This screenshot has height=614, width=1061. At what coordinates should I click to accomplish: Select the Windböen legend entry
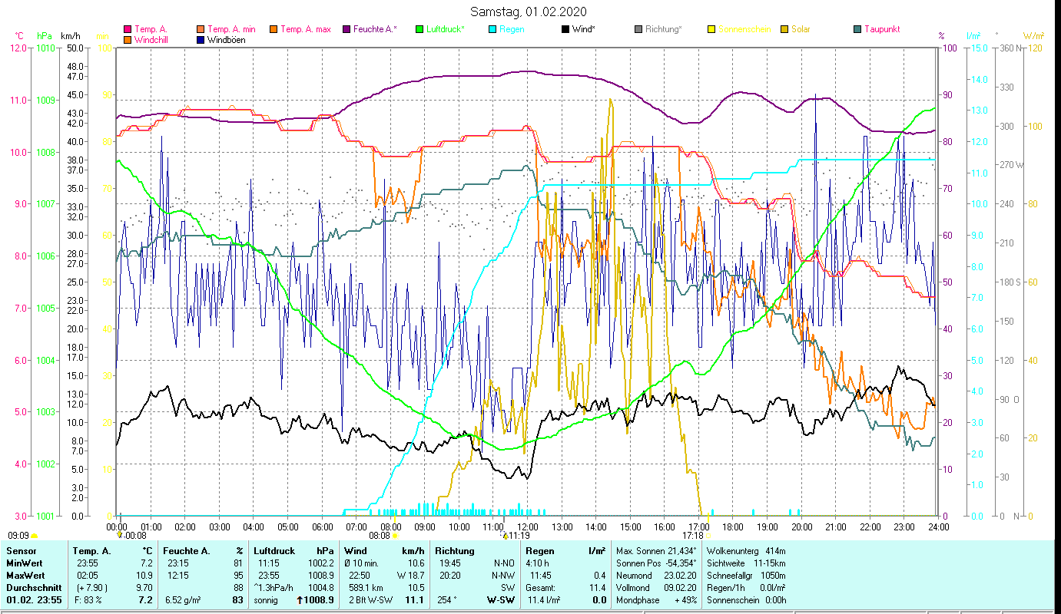226,39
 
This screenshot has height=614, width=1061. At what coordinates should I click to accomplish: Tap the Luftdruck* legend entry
441,29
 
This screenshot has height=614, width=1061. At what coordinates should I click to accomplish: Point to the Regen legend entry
513,29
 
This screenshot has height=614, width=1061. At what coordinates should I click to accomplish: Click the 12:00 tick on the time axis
529,527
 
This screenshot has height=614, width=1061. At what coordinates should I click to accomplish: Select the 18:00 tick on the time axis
734,527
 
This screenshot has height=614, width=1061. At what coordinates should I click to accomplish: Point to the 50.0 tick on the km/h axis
75,48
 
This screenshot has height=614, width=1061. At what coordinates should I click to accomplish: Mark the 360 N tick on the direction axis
1009,48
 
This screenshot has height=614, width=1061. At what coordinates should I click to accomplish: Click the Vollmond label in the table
634,587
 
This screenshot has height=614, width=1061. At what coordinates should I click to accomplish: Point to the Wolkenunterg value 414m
775,551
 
